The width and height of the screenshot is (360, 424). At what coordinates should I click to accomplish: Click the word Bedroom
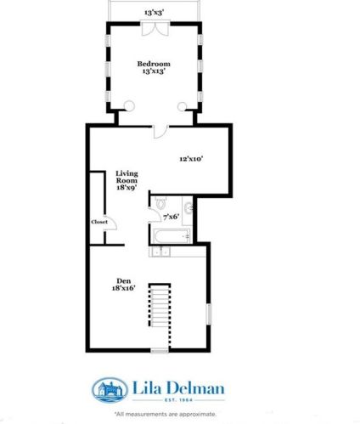pos(154,64)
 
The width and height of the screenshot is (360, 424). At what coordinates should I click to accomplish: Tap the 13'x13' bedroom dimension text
pos(154,72)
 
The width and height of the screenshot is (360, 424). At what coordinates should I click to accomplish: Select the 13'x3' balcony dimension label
pos(155,13)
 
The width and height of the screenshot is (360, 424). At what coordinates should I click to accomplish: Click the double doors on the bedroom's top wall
pos(155,29)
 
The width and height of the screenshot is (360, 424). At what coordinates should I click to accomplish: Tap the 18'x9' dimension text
pos(127,189)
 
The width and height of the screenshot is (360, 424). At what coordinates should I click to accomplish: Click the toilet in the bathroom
pos(160,203)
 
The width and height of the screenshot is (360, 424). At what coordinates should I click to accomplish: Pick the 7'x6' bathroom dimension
pos(172,216)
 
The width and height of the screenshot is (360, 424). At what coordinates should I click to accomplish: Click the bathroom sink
pos(189,207)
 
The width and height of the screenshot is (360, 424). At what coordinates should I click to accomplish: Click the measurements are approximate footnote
pos(166,414)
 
